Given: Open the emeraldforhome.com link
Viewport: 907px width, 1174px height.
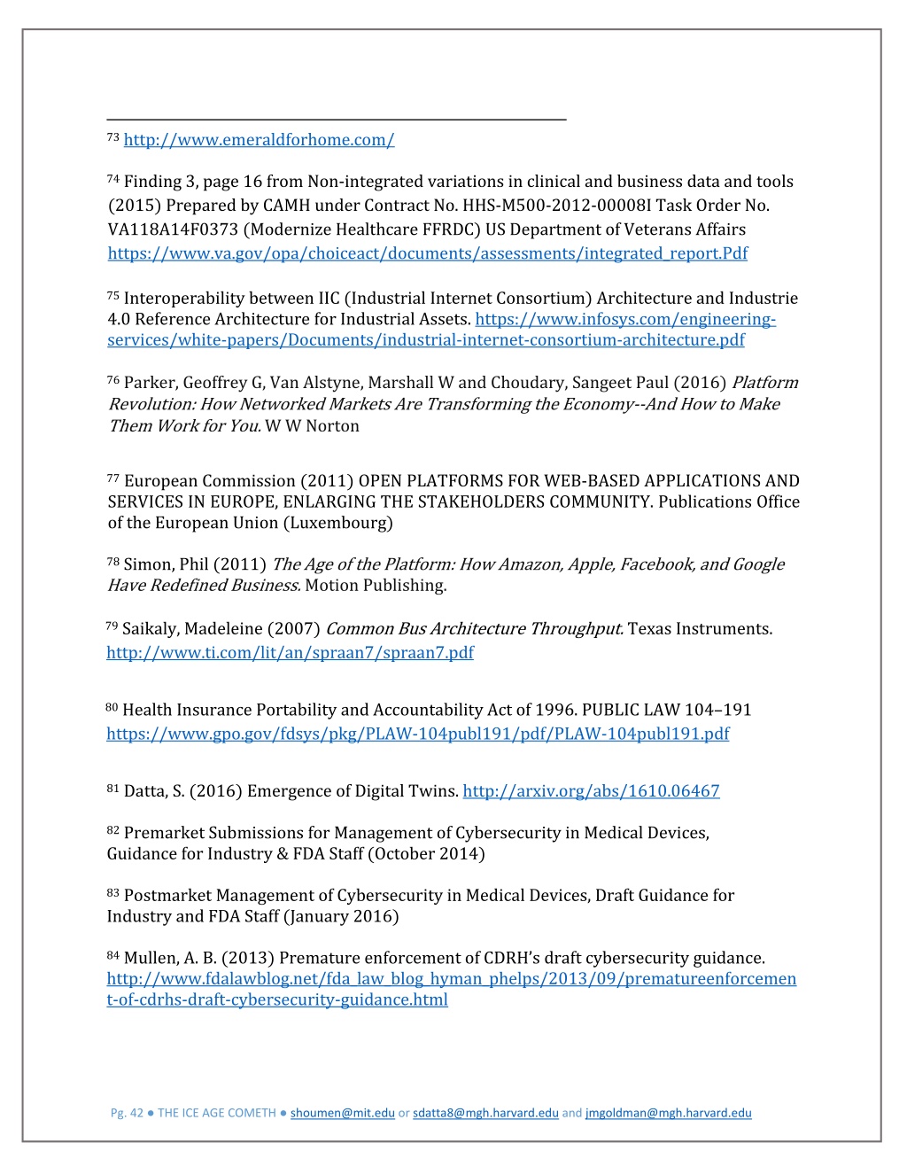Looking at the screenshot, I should [259, 140].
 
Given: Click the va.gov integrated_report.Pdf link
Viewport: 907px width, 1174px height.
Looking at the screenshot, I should [427, 253].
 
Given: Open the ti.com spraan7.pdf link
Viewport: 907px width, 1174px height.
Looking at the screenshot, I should [290, 653].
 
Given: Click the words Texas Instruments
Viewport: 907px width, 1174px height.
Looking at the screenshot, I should [700, 629].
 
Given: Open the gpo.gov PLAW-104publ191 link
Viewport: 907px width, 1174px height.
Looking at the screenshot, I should [417, 734].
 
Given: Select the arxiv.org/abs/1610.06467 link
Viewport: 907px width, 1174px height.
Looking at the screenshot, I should [591, 791].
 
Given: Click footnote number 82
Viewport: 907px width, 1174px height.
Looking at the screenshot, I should [112, 830].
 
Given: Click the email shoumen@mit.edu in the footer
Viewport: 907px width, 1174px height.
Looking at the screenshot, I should [342, 1113].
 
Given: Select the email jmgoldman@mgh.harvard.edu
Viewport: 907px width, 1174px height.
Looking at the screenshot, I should [668, 1113].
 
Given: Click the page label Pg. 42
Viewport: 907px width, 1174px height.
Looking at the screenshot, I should [126, 1113].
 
